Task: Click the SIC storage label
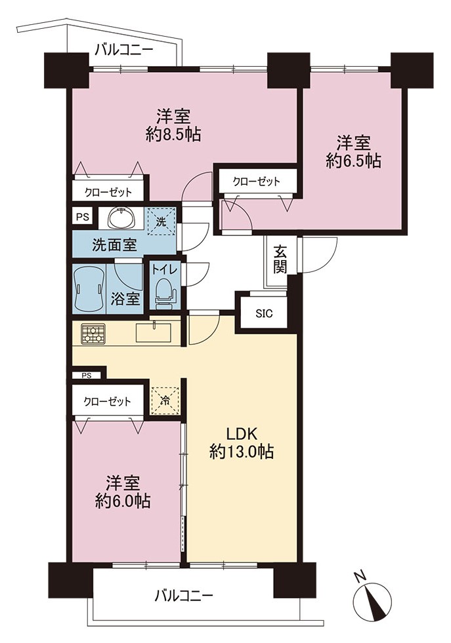[264, 314]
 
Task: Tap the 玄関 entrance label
[280, 259]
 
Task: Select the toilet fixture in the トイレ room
[165, 293]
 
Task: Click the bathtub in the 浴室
[89, 288]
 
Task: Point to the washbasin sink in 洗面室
[121, 218]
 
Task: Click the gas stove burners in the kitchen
[93, 333]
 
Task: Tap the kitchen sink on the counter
[154, 332]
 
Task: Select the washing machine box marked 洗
[161, 222]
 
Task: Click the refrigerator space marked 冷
[164, 400]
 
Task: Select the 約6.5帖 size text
[354, 161]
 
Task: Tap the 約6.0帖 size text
[123, 501]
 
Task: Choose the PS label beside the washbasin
[83, 216]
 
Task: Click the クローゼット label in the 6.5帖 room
[256, 182]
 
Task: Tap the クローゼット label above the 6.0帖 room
[107, 401]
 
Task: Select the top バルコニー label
[124, 50]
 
